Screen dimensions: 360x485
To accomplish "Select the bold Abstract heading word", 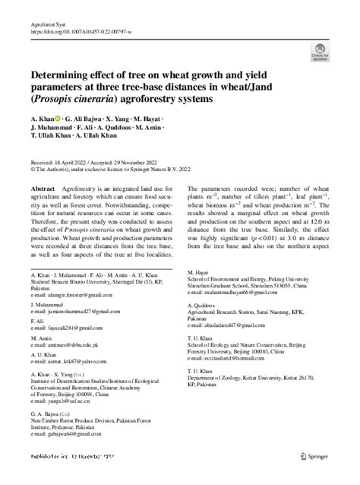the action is click(42, 188).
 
